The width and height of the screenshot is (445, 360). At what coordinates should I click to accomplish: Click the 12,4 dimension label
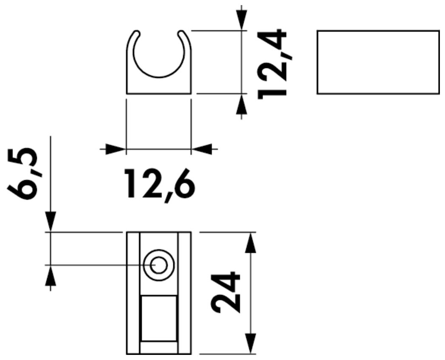pyautogui.click(x=272, y=64)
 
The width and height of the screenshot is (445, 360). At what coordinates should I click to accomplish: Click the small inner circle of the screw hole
pyautogui.click(x=159, y=265)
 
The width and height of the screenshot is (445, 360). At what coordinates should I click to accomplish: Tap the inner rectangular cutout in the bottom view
pyautogui.click(x=159, y=318)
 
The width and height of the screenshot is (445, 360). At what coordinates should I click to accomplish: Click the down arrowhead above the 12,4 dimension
pyautogui.click(x=241, y=20)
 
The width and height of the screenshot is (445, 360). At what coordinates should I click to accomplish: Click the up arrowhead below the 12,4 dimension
pyautogui.click(x=241, y=104)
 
